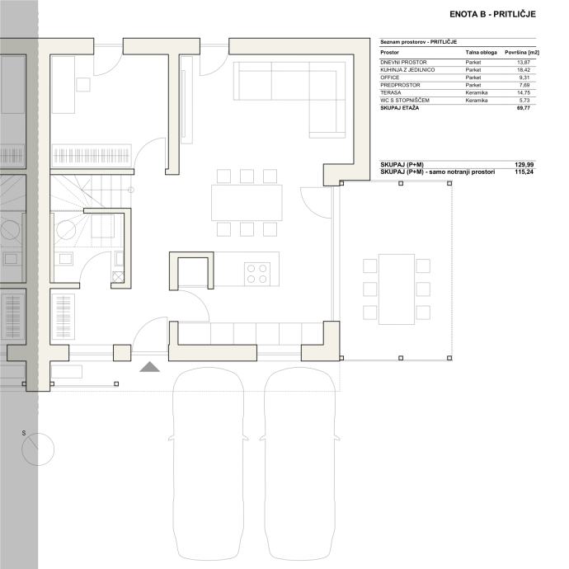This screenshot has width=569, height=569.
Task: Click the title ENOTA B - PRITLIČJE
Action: tap(492, 14)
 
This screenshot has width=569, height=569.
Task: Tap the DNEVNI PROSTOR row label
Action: tap(403, 63)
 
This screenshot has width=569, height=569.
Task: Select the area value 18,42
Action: tap(524, 70)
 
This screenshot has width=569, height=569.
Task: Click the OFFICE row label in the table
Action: tap(390, 78)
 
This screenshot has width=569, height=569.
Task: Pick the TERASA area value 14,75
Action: tap(524, 93)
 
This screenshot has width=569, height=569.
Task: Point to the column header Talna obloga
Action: tap(482, 53)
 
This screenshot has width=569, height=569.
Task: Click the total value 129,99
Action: tap(524, 165)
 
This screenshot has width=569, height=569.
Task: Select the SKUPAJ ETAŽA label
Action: tap(399, 108)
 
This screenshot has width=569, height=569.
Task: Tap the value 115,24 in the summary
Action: tap(524, 172)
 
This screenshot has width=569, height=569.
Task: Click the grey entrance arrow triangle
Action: tap(150, 368)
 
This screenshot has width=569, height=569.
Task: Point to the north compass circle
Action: tap(38, 449)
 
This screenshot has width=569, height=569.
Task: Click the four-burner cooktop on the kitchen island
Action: tap(257, 274)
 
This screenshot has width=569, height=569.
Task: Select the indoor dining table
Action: tap(247, 203)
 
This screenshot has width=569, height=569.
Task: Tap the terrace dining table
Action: tap(397, 289)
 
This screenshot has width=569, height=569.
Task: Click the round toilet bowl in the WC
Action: tap(66, 230)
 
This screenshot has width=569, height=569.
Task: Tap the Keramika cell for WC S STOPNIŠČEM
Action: tap(477, 101)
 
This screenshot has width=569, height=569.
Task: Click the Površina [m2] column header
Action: tap(522, 53)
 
